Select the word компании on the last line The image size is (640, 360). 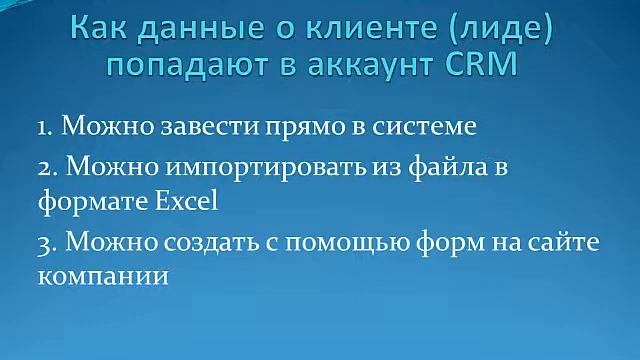(x=102, y=274)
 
